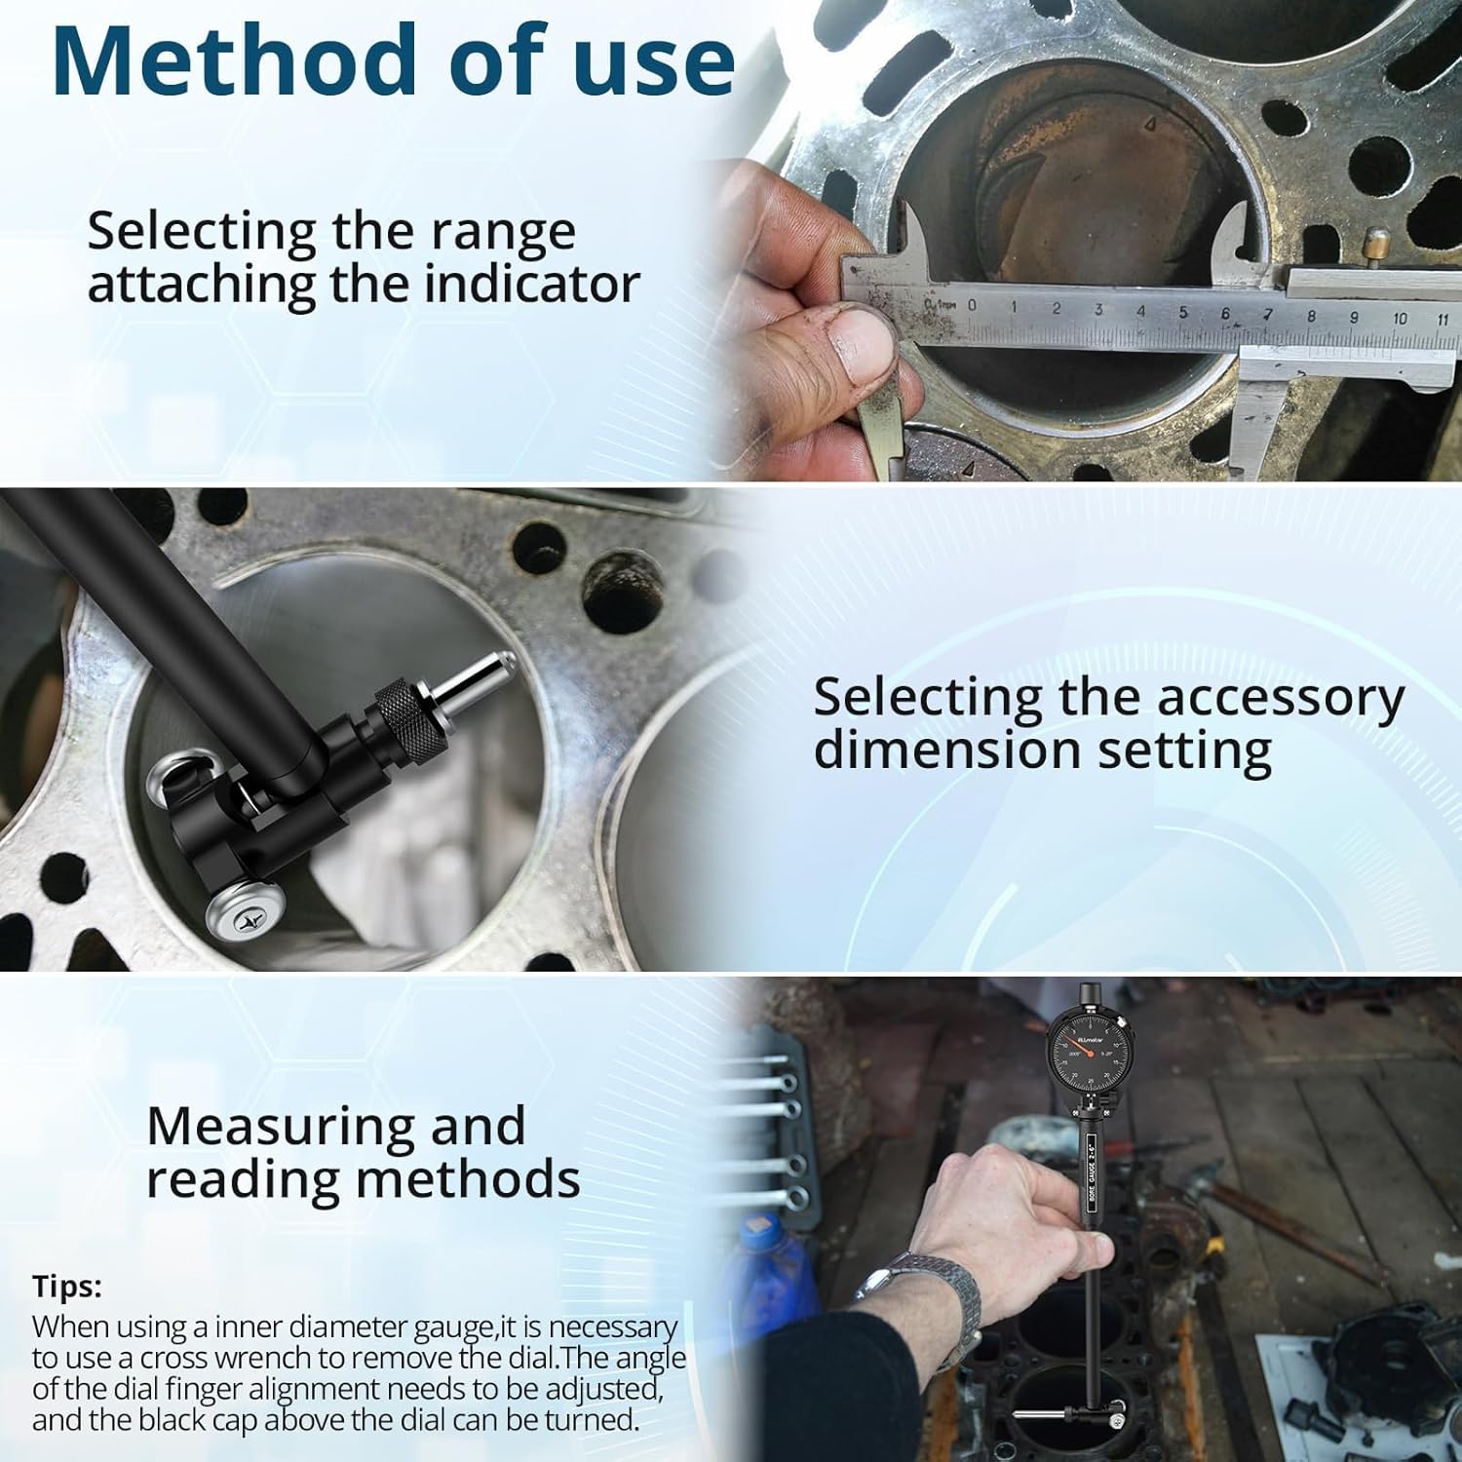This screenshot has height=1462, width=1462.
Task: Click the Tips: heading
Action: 66,1286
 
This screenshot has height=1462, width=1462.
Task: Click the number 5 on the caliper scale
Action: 1183,313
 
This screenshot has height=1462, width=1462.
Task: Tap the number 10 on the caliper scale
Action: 1400,318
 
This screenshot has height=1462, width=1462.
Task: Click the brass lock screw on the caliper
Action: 1376,240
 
